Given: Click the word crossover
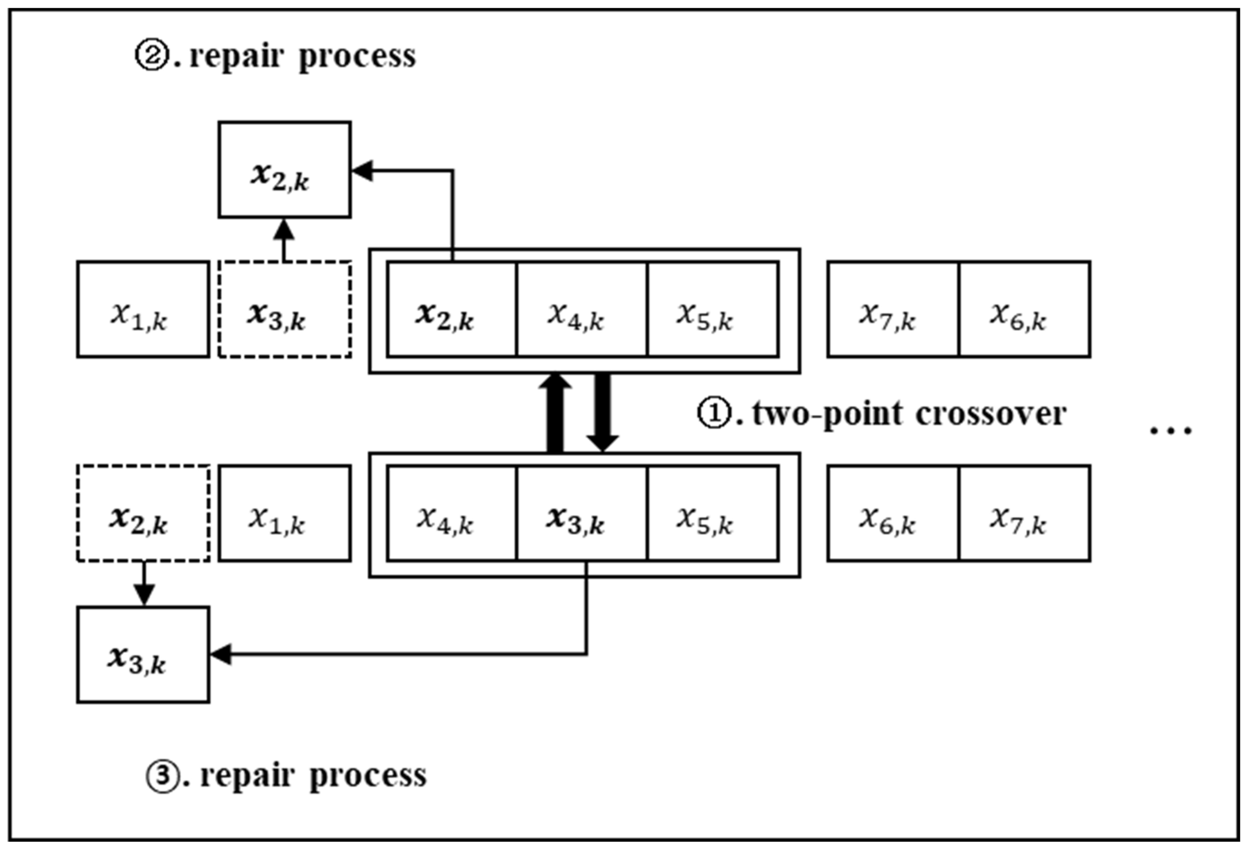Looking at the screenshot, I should pyautogui.click(x=991, y=413).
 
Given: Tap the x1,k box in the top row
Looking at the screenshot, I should pyautogui.click(x=143, y=310).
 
